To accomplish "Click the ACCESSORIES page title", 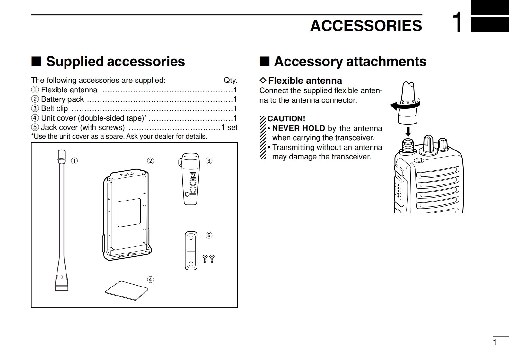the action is click(366, 26).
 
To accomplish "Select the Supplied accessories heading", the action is click(115, 61).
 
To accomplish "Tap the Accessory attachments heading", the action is click(350, 61).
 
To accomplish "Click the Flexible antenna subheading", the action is click(305, 81).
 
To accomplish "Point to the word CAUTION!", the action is click(286, 119).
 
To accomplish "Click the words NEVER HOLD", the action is click(298, 128).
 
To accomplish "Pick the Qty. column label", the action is click(230, 80).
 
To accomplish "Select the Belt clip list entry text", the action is click(54, 108).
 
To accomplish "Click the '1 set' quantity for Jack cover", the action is click(229, 127).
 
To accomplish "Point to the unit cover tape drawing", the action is click(127, 291).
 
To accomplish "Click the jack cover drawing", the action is click(191, 251).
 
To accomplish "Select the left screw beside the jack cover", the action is click(205, 259).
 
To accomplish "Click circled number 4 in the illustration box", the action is click(150, 279).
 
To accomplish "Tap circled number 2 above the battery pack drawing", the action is click(150, 161).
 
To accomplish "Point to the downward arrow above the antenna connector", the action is click(408, 132).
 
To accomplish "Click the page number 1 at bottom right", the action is click(495, 342).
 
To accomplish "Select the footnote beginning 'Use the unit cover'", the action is click(119, 136).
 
